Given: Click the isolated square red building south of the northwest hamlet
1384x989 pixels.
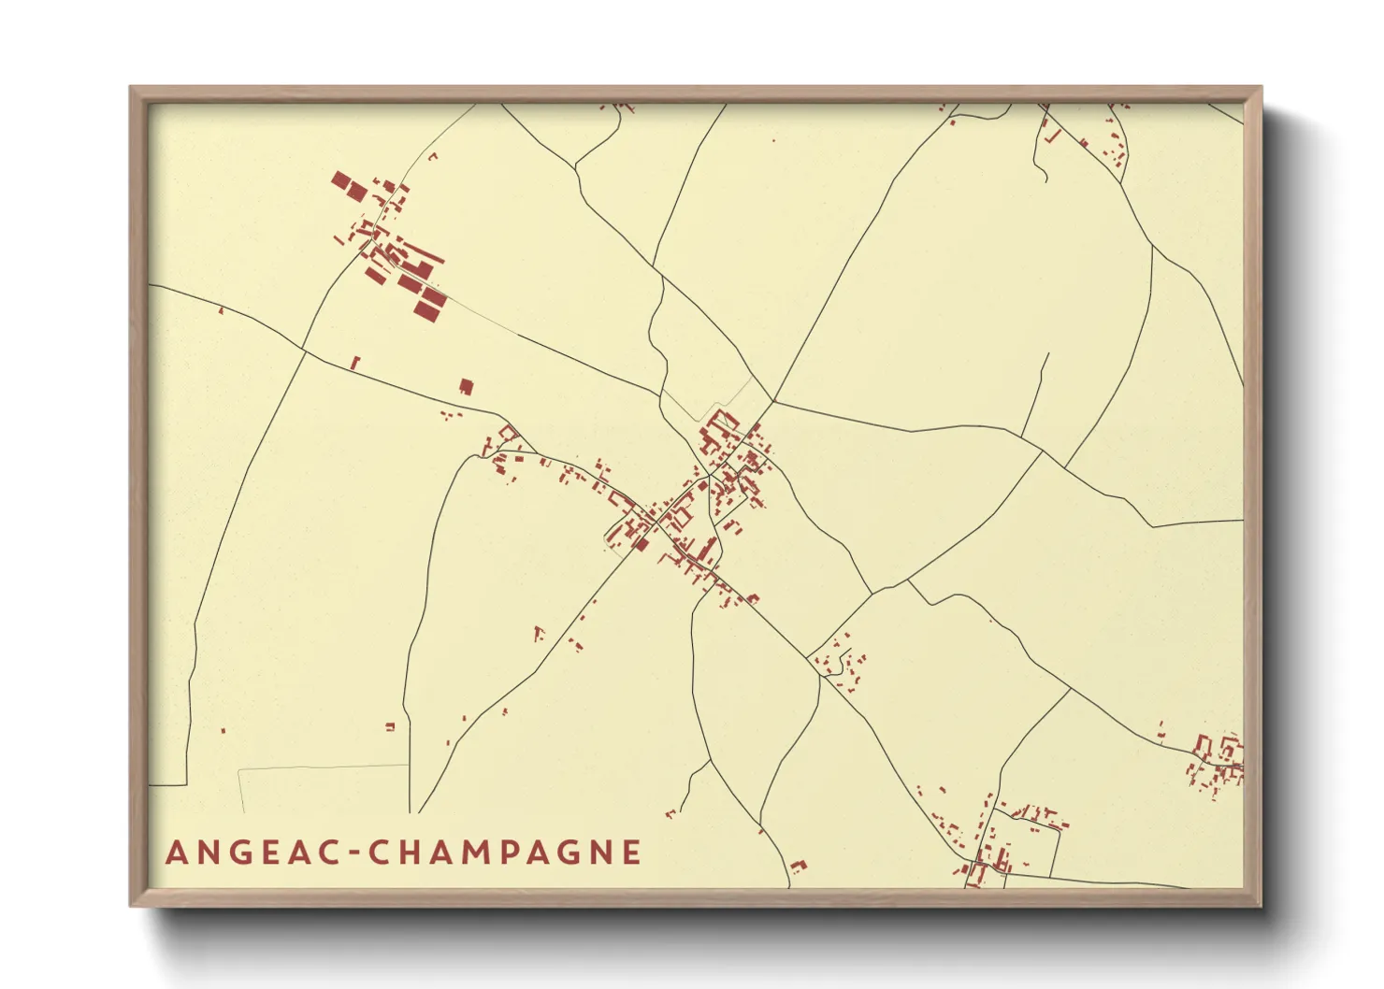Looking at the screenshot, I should [x=466, y=386].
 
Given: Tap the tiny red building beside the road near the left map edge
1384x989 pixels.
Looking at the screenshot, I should [x=221, y=310].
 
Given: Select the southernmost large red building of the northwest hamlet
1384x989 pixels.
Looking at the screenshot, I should [x=430, y=303].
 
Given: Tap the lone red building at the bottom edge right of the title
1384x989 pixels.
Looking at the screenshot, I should [x=798, y=866].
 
